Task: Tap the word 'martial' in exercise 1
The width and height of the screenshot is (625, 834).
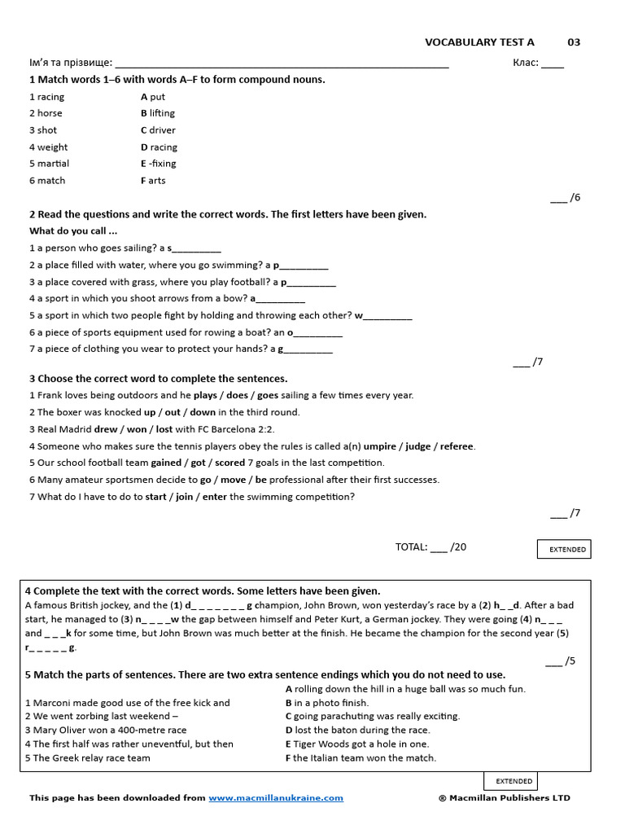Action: (53, 164)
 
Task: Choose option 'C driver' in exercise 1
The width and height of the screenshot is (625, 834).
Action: (158, 130)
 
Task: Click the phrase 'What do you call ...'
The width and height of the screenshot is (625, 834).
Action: (72, 231)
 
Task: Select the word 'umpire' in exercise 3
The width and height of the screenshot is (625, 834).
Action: (379, 446)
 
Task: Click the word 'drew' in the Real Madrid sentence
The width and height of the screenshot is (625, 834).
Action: (106, 429)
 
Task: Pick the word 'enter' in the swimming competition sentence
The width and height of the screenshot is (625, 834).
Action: (215, 497)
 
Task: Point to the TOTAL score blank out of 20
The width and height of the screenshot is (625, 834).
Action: (438, 548)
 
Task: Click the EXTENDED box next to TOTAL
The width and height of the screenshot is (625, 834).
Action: (566, 550)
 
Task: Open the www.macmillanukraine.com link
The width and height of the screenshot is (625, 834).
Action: (276, 798)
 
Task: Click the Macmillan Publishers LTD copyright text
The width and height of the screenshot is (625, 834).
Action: (504, 798)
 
